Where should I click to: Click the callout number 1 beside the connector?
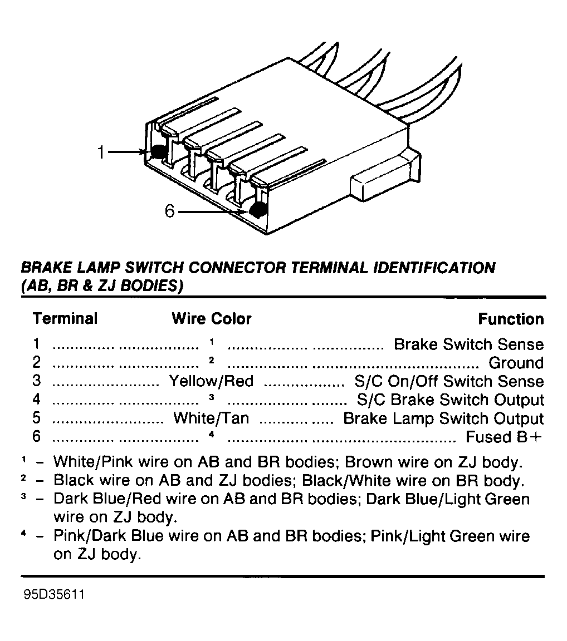101,152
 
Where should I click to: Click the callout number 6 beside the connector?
170,211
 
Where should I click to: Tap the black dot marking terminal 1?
158,152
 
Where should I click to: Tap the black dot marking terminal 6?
257,210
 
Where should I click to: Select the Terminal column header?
65,318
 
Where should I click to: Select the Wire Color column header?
212,318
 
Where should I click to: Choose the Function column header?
511,319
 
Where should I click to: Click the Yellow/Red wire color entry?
212,381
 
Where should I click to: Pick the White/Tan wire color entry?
211,418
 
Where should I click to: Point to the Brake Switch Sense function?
469,344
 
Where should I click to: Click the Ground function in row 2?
516,363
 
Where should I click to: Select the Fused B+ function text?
504,437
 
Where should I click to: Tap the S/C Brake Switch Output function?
451,400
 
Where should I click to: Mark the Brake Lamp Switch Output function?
443,418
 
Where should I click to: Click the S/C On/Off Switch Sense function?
449,381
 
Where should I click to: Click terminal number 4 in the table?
37,399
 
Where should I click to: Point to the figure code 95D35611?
54,594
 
